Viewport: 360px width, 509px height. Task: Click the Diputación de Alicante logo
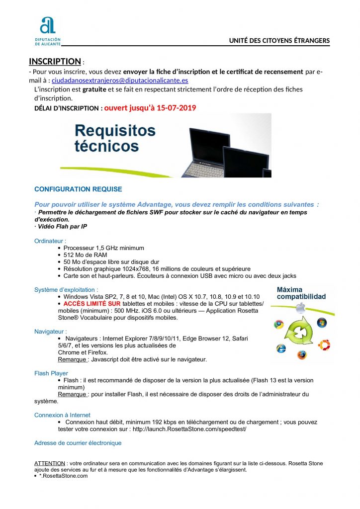(51, 31)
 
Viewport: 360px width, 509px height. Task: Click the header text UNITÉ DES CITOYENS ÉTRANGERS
(279, 40)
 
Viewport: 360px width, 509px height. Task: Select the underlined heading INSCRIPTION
(55, 61)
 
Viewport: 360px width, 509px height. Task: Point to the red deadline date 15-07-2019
(176, 107)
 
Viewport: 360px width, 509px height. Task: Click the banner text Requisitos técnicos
(114, 138)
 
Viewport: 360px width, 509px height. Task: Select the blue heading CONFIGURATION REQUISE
(78, 189)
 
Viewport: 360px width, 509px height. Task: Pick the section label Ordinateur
(50, 241)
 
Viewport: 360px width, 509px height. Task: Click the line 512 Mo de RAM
(85, 255)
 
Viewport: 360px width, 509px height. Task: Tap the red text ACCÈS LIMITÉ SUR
(92, 303)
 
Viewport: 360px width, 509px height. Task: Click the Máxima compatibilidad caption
(301, 293)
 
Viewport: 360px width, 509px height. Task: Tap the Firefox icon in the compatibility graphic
(302, 355)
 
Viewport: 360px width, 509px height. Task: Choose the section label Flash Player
(51, 373)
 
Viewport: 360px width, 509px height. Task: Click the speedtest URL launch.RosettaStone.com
(189, 429)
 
